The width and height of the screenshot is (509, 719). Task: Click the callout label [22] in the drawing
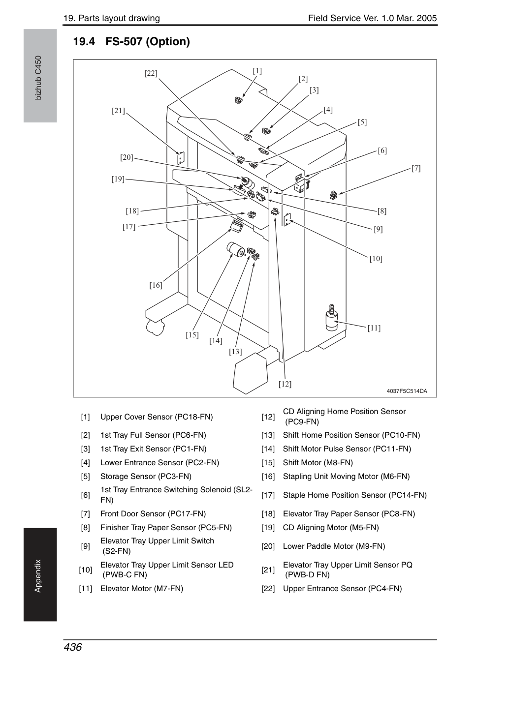pyautogui.click(x=151, y=73)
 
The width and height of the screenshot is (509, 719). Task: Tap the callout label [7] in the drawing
pyautogui.click(x=416, y=168)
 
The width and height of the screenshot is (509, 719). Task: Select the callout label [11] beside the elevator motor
pyautogui.click(x=374, y=328)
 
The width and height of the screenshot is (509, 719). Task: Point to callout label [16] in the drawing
pyautogui.click(x=156, y=285)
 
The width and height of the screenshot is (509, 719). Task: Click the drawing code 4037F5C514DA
pyautogui.click(x=407, y=391)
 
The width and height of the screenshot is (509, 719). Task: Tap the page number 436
pyautogui.click(x=73, y=647)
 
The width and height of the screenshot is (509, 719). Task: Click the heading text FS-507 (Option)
pyautogui.click(x=148, y=41)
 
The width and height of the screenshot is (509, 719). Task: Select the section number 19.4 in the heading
pyautogui.click(x=84, y=41)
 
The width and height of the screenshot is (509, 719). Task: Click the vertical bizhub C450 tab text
pyautogui.click(x=38, y=78)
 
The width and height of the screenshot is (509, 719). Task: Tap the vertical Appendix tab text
pyautogui.click(x=38, y=576)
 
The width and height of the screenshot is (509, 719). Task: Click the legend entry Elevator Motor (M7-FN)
pyautogui.click(x=142, y=588)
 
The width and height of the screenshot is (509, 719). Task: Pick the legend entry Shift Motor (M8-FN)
pyautogui.click(x=318, y=463)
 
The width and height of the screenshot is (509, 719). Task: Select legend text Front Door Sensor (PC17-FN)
pyautogui.click(x=153, y=513)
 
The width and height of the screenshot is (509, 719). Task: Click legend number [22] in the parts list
pyautogui.click(x=268, y=588)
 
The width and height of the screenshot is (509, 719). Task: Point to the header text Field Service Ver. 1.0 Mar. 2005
pyautogui.click(x=373, y=18)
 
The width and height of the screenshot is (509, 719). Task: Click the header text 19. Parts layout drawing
pyautogui.click(x=112, y=18)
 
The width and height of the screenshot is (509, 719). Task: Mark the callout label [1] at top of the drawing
pyautogui.click(x=257, y=71)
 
